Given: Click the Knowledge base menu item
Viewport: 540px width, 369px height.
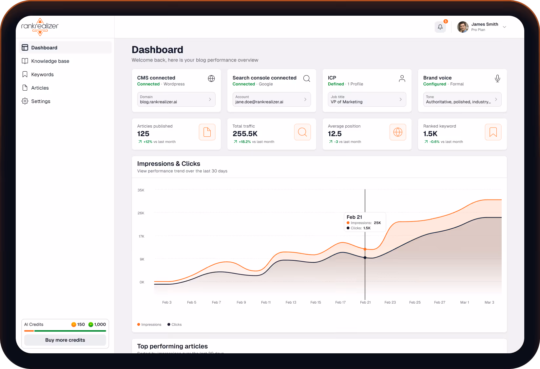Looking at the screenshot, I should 50,61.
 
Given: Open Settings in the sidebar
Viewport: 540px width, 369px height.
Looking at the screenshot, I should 41,101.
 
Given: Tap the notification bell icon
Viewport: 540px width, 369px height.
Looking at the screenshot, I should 440,27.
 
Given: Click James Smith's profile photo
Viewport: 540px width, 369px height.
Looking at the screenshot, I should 463,27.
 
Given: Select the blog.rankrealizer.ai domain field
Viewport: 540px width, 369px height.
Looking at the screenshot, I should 176,99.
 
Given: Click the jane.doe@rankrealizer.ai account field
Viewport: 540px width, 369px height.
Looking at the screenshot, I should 271,99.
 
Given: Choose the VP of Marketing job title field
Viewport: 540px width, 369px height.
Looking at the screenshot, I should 367,99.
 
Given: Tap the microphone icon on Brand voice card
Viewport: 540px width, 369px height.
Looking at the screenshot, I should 497,79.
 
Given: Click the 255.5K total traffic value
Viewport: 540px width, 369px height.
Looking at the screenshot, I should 245,134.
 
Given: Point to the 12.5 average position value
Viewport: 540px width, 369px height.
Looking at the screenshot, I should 335,134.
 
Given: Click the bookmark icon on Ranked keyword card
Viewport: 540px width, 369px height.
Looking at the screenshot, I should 493,132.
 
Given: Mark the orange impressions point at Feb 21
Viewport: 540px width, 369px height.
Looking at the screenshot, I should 365,249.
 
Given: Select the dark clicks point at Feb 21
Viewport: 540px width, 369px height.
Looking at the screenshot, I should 365,258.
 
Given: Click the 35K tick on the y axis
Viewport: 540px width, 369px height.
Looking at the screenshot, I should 141,190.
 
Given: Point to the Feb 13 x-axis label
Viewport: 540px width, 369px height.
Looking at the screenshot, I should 291,302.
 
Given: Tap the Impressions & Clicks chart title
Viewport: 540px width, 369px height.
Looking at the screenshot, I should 168,164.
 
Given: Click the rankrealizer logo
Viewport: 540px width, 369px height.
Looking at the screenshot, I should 40,26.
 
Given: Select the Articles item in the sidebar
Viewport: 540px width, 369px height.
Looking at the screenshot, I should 40,88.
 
